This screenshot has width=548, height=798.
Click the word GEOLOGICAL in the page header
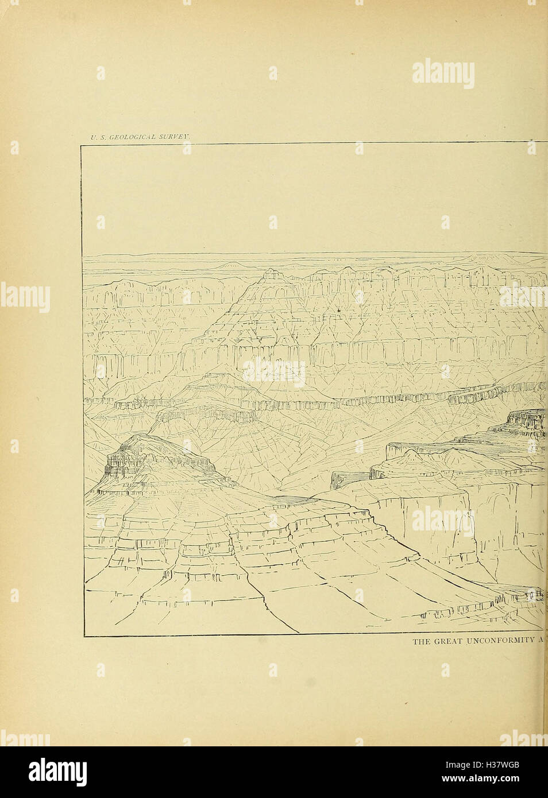click(130, 137)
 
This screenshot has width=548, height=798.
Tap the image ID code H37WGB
click(504, 765)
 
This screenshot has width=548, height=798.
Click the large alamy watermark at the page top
click(443, 74)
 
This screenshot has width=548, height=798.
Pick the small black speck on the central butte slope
click(340, 310)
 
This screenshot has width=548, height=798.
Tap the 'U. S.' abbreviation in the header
click(96, 137)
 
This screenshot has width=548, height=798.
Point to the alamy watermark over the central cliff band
click(274, 373)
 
